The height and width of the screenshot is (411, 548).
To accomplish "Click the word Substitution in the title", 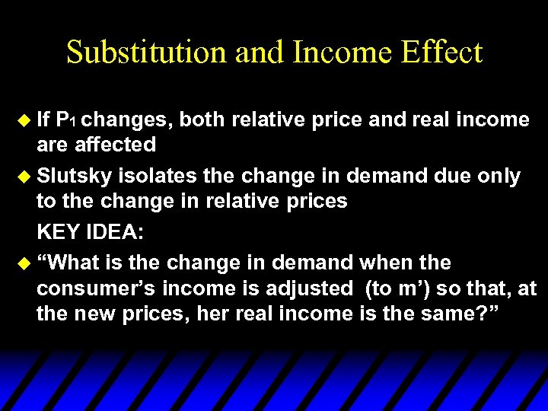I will (x=145, y=53).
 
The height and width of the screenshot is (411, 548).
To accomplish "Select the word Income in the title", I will (x=332, y=53).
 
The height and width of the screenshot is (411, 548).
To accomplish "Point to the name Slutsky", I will (x=74, y=177).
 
